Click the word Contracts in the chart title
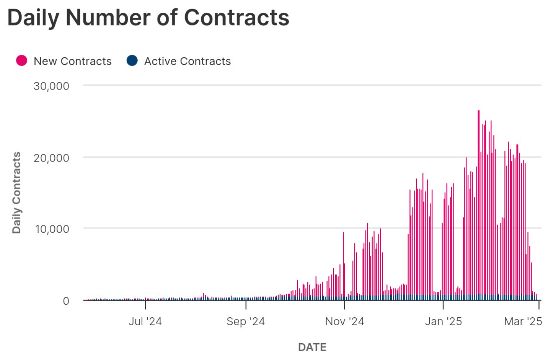[237, 18]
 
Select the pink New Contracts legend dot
[22, 61]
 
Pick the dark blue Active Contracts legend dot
[132, 61]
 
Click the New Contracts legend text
[72, 61]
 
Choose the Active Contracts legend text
[188, 61]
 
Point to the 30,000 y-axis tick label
[51, 86]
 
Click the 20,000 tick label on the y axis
[51, 158]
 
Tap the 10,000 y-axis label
[52, 229]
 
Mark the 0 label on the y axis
[66, 301]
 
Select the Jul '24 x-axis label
[145, 321]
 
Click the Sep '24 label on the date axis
[246, 321]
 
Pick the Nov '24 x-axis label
[344, 321]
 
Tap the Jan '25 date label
[443, 321]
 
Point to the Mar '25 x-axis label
[523, 321]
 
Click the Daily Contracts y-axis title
[16, 193]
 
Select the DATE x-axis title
[312, 347]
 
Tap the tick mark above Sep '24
[246, 305]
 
